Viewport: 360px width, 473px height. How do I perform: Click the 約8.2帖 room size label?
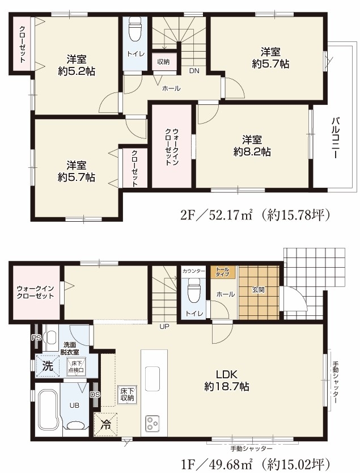coord(252,151)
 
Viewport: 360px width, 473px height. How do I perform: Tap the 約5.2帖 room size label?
coord(77,71)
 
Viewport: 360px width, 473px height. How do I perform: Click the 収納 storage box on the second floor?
coord(163,62)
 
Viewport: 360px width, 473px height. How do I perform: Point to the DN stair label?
coord(194,71)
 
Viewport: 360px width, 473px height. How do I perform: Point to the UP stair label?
coord(164,326)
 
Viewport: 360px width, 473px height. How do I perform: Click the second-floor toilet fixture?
coord(135,29)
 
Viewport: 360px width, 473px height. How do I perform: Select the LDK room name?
coord(227,374)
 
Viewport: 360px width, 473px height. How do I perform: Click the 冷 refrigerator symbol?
coord(105,425)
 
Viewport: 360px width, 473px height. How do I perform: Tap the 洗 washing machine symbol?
coord(48,366)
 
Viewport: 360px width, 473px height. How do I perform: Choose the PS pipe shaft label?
coord(36,338)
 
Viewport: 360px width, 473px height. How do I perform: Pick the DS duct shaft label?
coord(95,395)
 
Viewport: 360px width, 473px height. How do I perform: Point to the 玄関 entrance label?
coord(259,290)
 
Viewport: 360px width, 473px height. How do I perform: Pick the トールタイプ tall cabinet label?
coord(222,272)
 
